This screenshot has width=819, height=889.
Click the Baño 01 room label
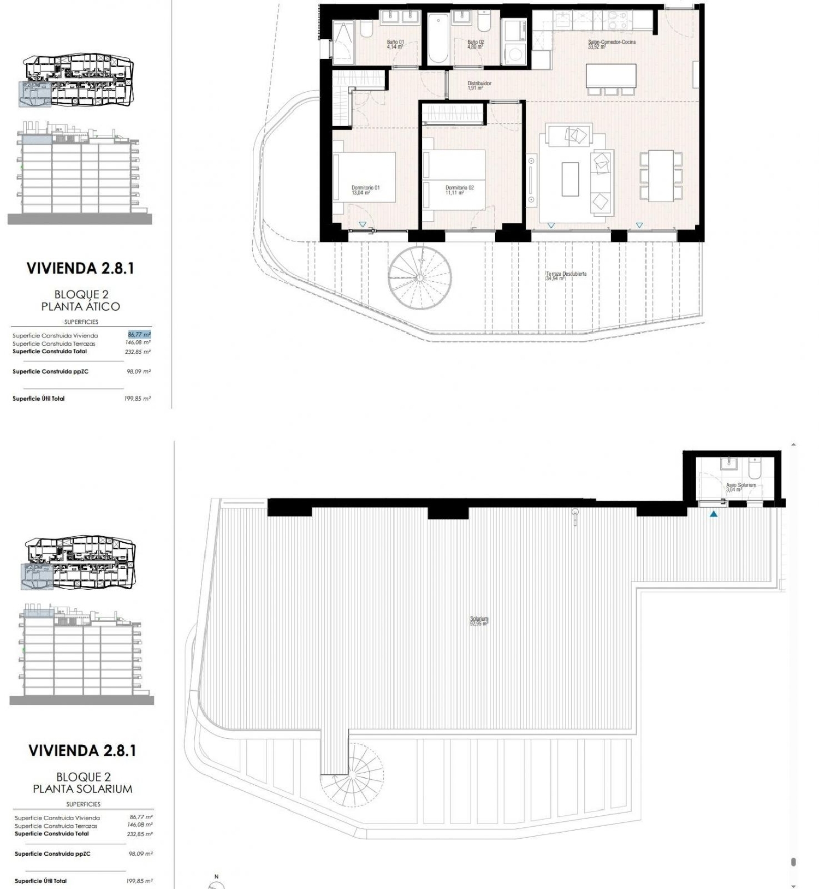(x=395, y=44)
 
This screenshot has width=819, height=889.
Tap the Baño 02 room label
(x=475, y=44)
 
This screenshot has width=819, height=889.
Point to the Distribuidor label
(x=479, y=85)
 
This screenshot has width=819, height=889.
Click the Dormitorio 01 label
(x=365, y=189)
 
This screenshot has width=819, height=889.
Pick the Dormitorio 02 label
(x=459, y=189)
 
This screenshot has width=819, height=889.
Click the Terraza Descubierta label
(x=566, y=276)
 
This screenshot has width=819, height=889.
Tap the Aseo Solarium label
(x=740, y=487)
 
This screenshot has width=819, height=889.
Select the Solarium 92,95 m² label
(x=479, y=621)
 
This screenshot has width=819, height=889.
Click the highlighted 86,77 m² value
(x=139, y=335)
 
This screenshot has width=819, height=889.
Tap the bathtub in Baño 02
(x=437, y=39)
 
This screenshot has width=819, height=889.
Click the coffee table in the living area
(x=570, y=179)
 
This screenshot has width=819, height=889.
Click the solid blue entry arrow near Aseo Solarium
(x=713, y=514)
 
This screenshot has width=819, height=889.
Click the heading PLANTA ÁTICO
(x=80, y=306)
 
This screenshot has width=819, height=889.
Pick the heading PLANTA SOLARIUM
(x=82, y=789)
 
